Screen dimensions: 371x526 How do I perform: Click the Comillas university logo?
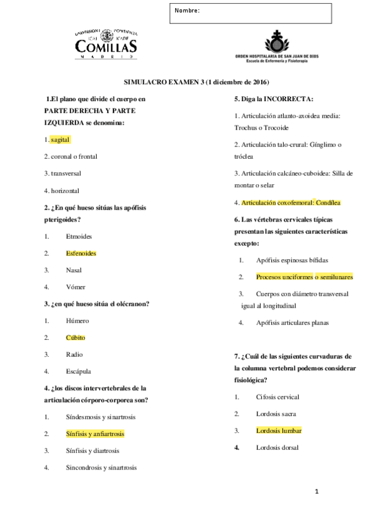tap(106, 43)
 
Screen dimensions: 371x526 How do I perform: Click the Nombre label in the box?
tap(187, 11)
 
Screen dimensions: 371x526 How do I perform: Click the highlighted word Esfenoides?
tap(81, 253)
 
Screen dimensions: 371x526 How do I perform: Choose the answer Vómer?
tap(76, 287)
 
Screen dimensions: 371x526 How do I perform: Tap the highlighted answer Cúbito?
tap(76, 337)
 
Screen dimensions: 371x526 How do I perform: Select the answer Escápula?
tap(79, 372)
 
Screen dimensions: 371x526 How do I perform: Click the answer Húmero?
tap(77, 321)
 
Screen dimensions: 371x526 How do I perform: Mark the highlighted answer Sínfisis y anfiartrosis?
tap(95, 434)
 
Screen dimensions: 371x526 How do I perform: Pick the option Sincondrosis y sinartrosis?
tap(101, 468)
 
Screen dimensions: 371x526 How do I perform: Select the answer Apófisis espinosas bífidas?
tap(292, 260)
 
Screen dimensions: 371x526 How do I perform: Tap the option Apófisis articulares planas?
tap(292, 323)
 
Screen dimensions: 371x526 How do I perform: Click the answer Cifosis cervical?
tap(277, 397)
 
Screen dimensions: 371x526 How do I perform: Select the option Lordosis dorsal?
tap(277, 447)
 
